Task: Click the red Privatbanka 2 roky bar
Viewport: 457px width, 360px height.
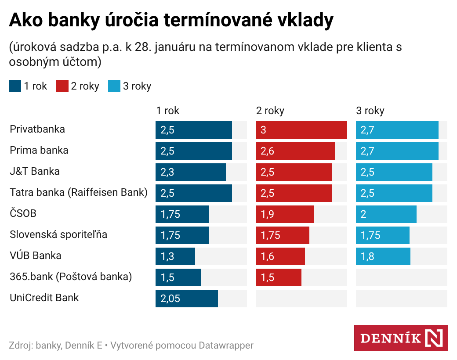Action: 301,130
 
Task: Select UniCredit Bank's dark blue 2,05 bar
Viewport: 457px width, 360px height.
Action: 187,299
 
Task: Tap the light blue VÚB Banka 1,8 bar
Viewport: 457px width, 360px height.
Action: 383,256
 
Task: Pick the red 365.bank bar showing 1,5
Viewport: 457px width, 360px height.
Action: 279,277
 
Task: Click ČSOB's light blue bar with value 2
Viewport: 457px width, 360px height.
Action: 386,214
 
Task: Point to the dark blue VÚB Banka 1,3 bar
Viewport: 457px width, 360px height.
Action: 175,256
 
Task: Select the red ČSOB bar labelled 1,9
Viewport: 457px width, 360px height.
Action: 285,214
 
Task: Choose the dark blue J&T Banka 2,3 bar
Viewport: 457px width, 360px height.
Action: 191,172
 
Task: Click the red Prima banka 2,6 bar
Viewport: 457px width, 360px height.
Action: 295,151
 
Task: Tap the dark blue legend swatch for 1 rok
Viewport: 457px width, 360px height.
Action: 15,86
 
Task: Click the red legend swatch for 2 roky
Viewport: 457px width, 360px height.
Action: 62,86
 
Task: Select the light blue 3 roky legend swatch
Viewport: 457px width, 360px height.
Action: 114,86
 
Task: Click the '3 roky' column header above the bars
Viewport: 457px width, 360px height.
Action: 370,111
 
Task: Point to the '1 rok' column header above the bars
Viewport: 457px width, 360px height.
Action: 168,111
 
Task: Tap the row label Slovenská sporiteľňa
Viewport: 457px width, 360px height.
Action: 58,234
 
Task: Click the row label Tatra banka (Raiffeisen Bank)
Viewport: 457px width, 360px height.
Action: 79,192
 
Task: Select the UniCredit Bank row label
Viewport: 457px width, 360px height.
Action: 44,298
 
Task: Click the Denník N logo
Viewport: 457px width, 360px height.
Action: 401,338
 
